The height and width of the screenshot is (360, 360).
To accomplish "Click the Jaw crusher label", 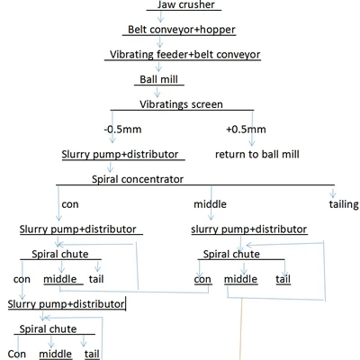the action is coord(186,4).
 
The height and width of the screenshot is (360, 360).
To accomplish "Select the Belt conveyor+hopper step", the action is coord(182,30).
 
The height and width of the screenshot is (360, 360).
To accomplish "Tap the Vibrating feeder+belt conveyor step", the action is coord(184,55).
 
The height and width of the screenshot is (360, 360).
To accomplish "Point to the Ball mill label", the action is coord(158,79).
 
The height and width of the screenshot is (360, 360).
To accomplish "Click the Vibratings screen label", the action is coord(181,104).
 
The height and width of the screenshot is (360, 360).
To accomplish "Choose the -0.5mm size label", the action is coord(122,130).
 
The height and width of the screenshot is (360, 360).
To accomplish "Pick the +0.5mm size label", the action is coord(246,130).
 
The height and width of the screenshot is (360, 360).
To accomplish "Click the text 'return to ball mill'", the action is coord(257,154).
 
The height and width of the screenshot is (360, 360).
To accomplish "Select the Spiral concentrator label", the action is coord(138,179).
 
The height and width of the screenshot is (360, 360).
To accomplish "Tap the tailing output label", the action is coord(344,204).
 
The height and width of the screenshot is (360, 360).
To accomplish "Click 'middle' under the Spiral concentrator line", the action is coord(210,204).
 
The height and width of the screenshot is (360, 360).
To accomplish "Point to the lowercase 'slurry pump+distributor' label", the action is coord(249,229).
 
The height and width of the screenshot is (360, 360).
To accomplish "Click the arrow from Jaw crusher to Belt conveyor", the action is coord(161,16).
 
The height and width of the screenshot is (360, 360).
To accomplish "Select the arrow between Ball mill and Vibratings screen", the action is coord(157,92).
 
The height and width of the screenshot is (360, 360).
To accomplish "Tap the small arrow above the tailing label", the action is coord(332,192).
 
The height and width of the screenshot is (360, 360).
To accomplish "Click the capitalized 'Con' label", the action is coord(17,354).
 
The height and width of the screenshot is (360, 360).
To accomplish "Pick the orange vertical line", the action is coord(241,328).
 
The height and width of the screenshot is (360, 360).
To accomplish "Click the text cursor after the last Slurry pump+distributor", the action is coord(126,303).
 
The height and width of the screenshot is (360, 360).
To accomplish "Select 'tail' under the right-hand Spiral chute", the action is coord(283,279).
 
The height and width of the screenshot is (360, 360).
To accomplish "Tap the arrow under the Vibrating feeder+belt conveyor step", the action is coord(158,67).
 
